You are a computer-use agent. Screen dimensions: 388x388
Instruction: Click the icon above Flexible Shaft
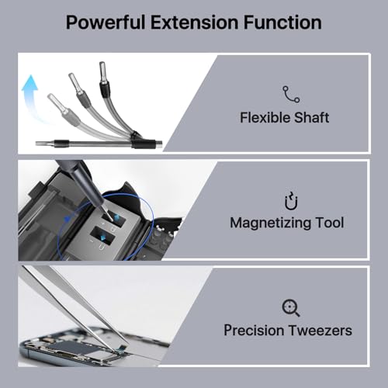click(x=291, y=93)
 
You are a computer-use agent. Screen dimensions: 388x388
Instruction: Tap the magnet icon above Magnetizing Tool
click(x=291, y=199)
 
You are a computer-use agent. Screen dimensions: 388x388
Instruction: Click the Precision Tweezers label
click(x=288, y=330)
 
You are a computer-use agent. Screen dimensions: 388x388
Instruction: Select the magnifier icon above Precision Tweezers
click(x=291, y=306)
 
